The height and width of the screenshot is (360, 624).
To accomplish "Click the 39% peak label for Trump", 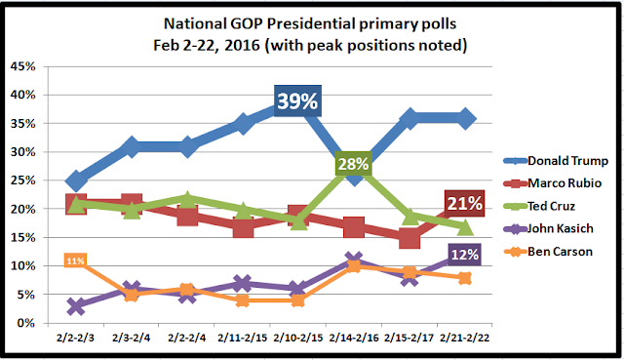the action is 297,100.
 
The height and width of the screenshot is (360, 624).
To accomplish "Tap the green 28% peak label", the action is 353,164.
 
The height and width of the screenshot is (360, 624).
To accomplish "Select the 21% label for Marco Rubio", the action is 464,204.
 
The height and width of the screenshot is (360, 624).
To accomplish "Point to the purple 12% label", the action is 464,254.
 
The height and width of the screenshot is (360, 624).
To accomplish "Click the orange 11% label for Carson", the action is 75,260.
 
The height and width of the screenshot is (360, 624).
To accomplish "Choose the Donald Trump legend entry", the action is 556,161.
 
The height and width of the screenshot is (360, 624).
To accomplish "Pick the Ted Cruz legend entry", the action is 539,206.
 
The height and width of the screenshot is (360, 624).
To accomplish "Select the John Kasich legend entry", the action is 548,228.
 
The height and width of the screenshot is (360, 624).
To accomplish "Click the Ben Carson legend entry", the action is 548,252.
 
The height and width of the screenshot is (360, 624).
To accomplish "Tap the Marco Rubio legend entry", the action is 553,183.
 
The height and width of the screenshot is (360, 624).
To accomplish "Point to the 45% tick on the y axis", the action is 23,66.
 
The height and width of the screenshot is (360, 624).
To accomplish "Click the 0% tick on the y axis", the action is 26,323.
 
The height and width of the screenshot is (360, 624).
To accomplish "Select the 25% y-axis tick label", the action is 23,180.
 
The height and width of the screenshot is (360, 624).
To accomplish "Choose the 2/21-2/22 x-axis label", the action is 465,339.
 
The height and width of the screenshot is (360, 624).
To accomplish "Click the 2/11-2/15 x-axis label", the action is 243,339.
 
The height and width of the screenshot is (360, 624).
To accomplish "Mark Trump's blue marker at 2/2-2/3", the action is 76,180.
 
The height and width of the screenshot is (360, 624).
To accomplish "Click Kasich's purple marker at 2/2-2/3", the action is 76,306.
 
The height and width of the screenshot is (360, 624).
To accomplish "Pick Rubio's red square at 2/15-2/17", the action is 409,238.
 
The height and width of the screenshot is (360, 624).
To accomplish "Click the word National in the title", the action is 195,23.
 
